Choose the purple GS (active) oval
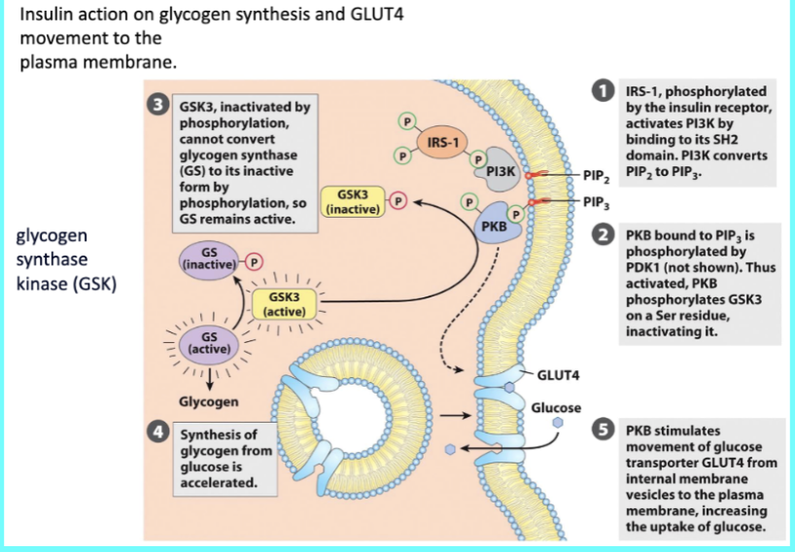tap(207, 342)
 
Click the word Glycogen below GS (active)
tap(208, 401)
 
